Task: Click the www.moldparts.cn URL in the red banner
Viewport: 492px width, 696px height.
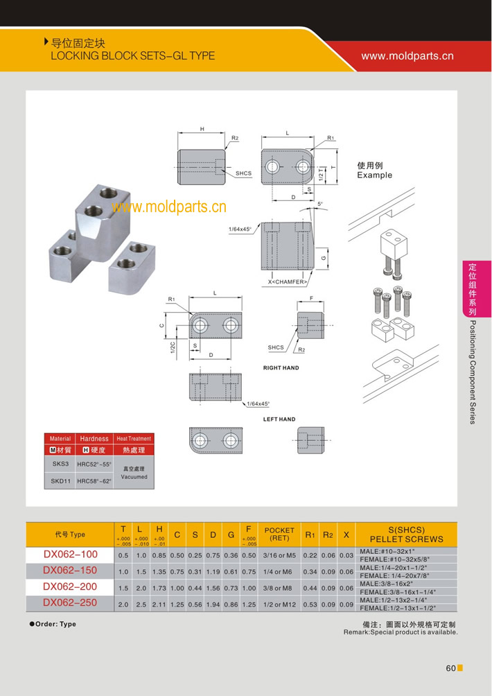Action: [407, 55]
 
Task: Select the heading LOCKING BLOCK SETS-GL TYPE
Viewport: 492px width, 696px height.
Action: [132, 55]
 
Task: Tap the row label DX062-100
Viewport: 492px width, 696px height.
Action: [70, 555]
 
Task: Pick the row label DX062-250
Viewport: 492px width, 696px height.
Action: [70, 602]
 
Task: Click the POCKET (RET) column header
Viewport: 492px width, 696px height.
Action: [279, 534]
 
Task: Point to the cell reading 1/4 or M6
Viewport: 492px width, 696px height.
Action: [279, 571]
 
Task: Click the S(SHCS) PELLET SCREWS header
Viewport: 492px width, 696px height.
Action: [407, 534]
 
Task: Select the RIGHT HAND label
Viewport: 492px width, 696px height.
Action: [281, 368]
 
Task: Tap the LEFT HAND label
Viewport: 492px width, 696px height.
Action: [279, 419]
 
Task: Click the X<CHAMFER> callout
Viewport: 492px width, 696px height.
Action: [288, 283]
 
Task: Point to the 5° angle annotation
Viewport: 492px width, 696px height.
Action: [319, 204]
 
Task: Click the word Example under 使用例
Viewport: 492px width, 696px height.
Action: [374, 175]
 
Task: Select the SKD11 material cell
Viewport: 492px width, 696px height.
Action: [60, 480]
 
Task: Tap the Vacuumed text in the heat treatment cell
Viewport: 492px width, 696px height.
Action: [134, 477]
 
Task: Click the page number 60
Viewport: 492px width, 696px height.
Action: [450, 668]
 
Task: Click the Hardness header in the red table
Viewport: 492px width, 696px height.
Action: [94, 438]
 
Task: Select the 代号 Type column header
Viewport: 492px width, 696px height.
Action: [70, 534]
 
